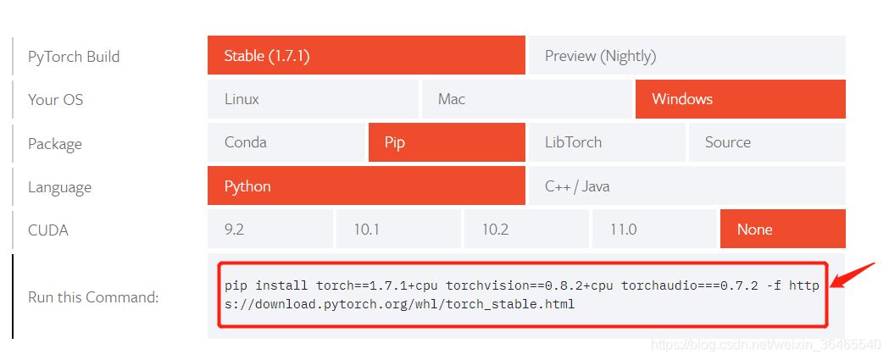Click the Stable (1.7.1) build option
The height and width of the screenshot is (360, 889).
click(x=366, y=56)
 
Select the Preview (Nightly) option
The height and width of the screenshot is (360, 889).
click(x=686, y=56)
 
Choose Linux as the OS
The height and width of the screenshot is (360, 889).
click(x=313, y=99)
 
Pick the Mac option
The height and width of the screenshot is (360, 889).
click(x=527, y=99)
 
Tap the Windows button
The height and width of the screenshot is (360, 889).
click(x=740, y=99)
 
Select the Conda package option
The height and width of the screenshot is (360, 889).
click(x=286, y=142)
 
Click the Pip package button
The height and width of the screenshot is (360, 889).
click(x=447, y=142)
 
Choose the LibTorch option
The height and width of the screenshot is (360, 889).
click(x=606, y=142)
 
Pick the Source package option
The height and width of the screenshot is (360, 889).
click(x=766, y=142)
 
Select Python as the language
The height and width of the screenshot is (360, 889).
click(x=366, y=186)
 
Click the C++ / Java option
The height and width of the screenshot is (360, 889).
click(x=686, y=186)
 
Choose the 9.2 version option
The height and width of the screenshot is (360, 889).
click(x=269, y=230)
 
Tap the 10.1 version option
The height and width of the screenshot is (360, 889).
click(x=398, y=230)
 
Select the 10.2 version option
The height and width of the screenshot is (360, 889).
click(x=526, y=230)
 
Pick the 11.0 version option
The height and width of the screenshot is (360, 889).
click(x=654, y=230)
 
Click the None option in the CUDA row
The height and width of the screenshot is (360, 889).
click(x=782, y=230)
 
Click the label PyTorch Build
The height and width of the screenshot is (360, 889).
click(x=74, y=57)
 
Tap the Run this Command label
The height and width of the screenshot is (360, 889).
click(x=93, y=297)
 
